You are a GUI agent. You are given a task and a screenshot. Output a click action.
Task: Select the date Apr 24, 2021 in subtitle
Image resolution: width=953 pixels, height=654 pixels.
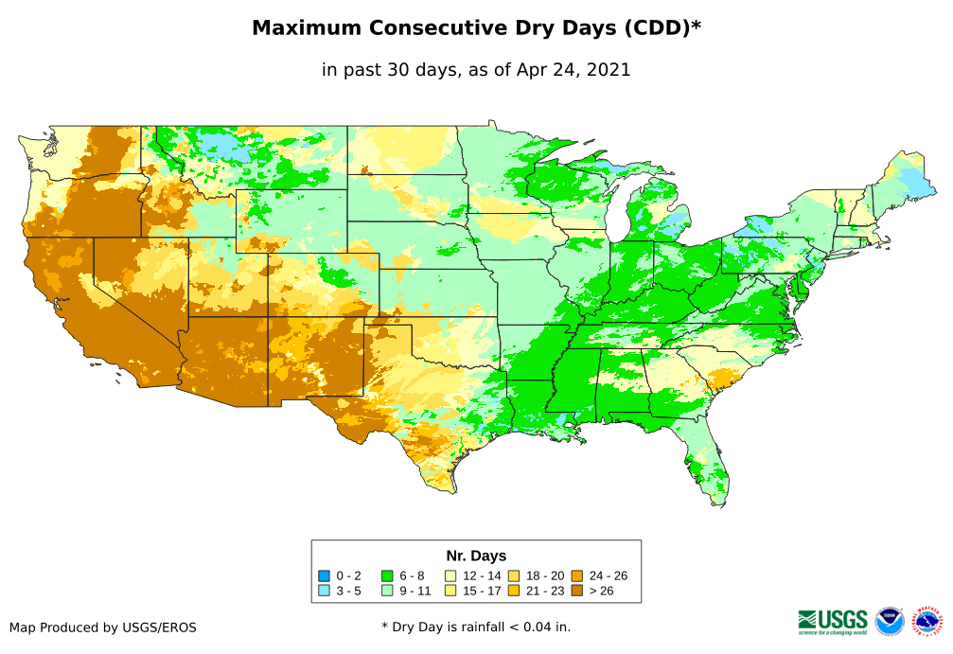pyautogui.click(x=574, y=70)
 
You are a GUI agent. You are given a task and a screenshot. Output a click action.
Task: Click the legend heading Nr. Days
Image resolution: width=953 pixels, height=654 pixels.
pyautogui.click(x=476, y=556)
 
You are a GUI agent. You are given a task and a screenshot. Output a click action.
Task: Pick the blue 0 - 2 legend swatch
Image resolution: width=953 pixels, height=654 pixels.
pyautogui.click(x=325, y=575)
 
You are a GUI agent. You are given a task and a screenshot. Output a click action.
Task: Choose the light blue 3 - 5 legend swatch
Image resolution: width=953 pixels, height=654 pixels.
pyautogui.click(x=325, y=591)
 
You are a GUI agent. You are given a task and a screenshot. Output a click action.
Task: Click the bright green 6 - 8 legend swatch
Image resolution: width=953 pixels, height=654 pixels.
pyautogui.click(x=387, y=575)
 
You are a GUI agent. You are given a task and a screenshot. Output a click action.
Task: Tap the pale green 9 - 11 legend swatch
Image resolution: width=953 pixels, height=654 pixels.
pyautogui.click(x=387, y=591)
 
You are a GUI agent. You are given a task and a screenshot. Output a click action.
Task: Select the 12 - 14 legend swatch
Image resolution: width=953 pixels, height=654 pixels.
pyautogui.click(x=451, y=575)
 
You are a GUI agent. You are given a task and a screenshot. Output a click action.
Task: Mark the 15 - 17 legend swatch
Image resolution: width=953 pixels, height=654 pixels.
pyautogui.click(x=451, y=591)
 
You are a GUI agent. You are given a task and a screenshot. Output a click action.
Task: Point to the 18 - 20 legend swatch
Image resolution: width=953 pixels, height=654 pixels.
pyautogui.click(x=514, y=575)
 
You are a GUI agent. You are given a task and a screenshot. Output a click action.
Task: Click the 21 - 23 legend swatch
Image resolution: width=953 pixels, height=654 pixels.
pyautogui.click(x=514, y=591)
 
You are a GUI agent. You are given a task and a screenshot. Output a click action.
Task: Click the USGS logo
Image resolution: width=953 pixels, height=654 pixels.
pyautogui.click(x=833, y=621)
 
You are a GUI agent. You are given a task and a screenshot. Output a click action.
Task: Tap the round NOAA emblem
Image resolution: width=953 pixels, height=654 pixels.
pyautogui.click(x=890, y=621)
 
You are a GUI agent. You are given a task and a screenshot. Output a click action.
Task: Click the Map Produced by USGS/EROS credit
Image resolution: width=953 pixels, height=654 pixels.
pyautogui.click(x=103, y=627)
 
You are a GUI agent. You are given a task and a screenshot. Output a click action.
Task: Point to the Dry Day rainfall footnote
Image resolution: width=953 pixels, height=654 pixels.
pyautogui.click(x=476, y=627)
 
